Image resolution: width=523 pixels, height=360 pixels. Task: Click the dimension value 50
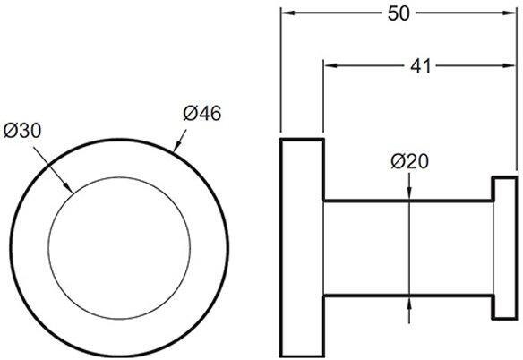click(399, 13)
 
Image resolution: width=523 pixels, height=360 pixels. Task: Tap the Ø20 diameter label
click(409, 161)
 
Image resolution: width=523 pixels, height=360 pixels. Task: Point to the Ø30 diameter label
click(23, 131)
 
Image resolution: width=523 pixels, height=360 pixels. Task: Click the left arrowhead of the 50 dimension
click(287, 13)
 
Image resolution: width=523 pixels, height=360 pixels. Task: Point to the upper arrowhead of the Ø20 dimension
click(409, 195)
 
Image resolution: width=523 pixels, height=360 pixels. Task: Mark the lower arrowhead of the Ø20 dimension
click(409, 300)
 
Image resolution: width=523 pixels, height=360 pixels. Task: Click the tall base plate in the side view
click(302, 246)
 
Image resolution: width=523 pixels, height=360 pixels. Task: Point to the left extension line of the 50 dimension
click(281, 72)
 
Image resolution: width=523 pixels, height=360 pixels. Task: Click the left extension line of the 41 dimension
click(323, 99)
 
